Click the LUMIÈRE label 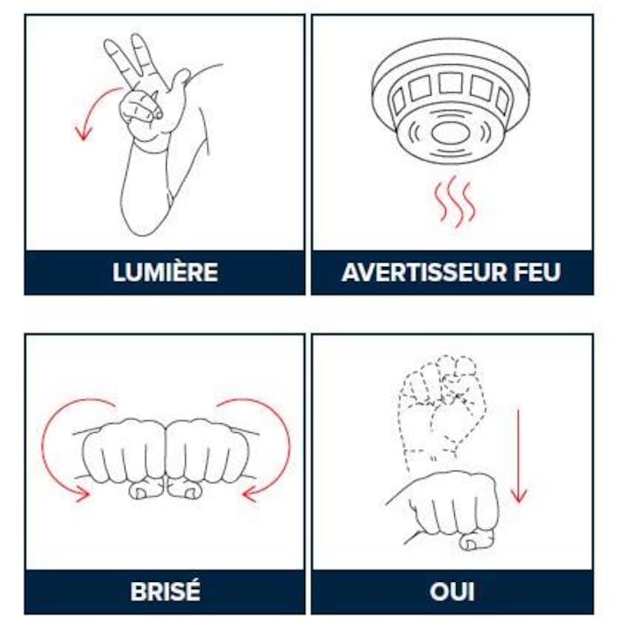pos(165,272)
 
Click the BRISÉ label pos(165,591)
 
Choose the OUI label pos(452,591)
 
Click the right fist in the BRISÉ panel pos(208,452)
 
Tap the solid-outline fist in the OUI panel pos(452,506)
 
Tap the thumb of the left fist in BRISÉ pos(144,489)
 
